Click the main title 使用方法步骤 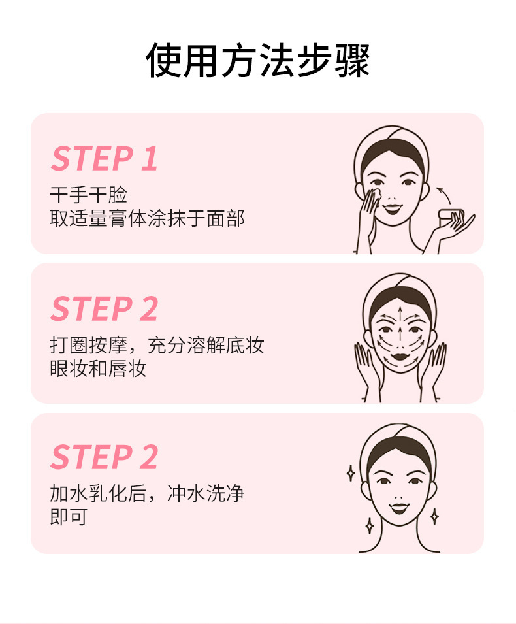pos(257,61)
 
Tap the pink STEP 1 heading pos(105,159)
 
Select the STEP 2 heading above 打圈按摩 pos(105,309)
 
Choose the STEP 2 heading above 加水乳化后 pos(105,457)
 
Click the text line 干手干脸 pos(88,195)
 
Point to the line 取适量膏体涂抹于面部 pos(147,218)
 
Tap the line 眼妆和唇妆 pos(98,369)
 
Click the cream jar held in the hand pos(453,216)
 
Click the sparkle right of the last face pos(434,516)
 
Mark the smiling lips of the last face pos(399,506)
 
